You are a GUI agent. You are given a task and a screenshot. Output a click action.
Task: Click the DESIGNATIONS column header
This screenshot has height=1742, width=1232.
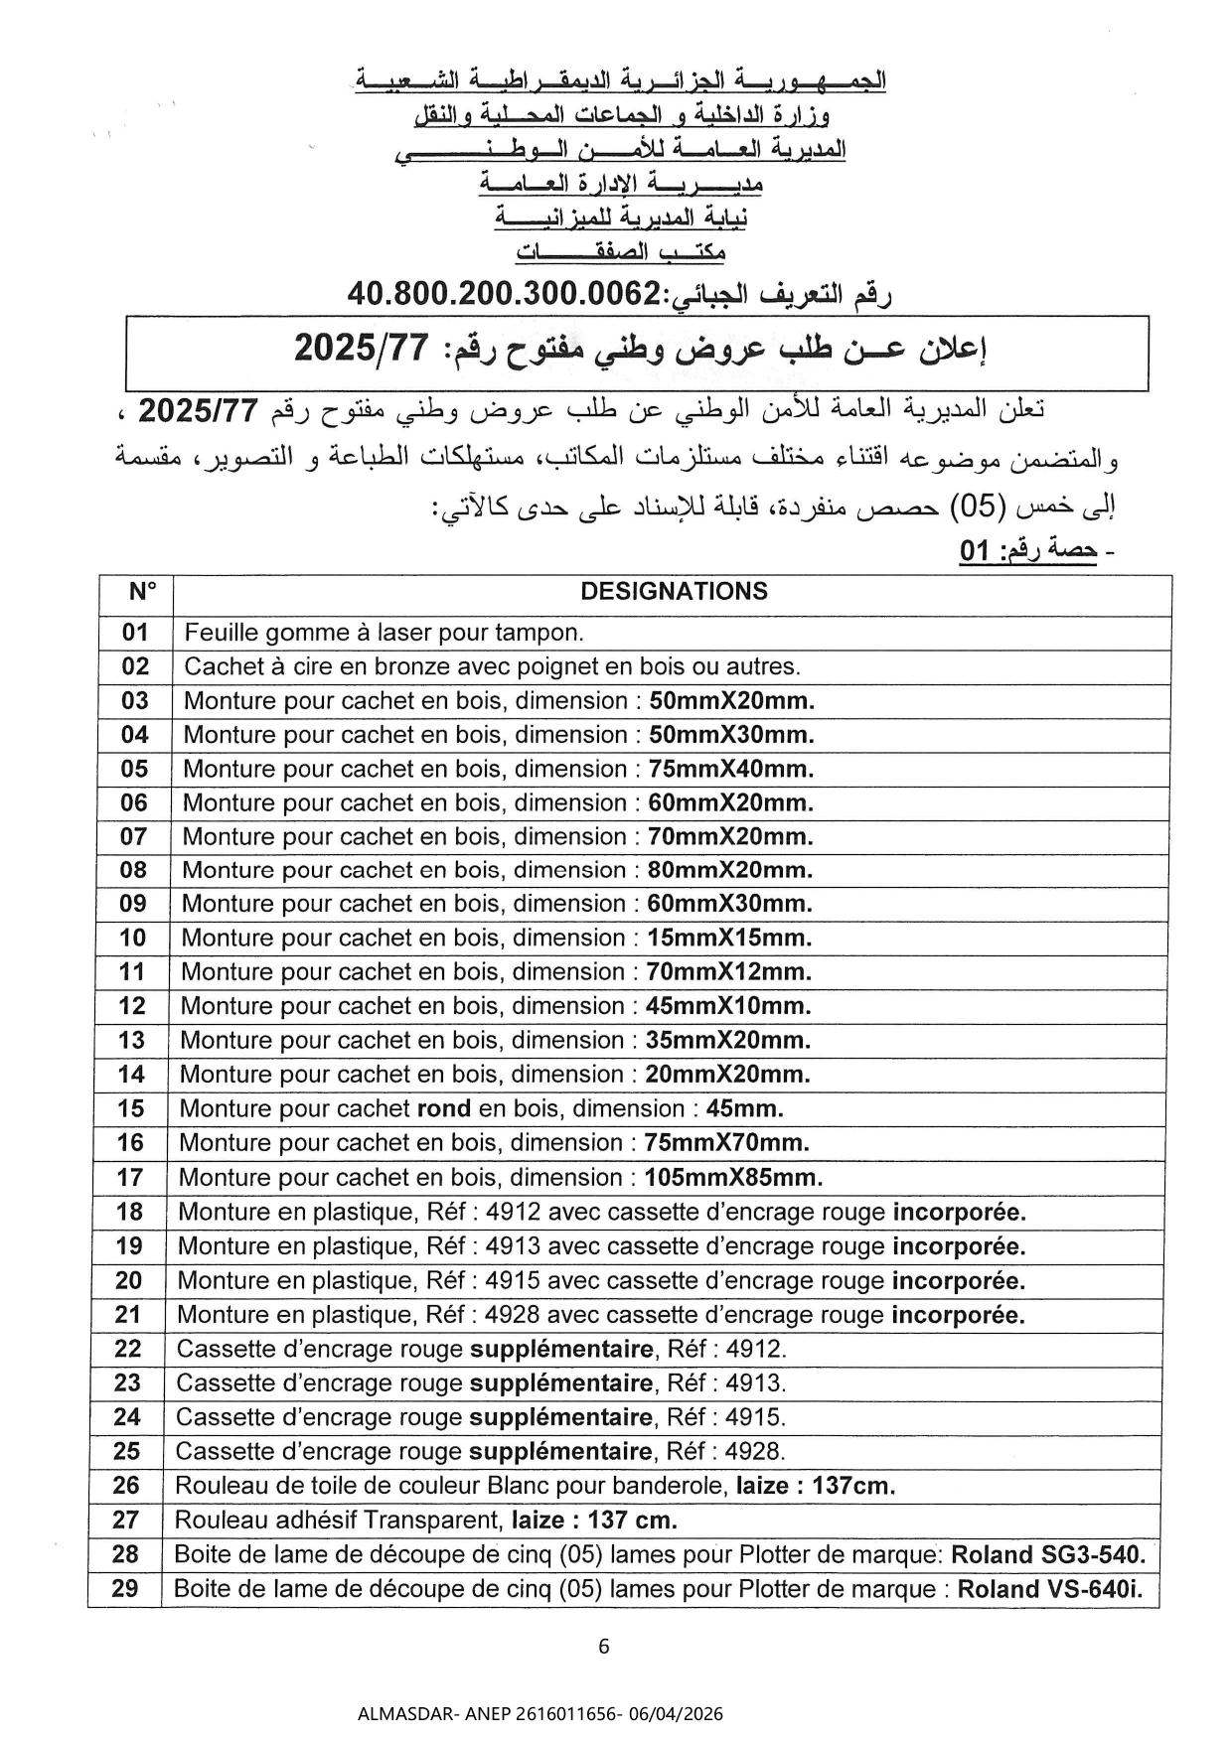click(x=674, y=592)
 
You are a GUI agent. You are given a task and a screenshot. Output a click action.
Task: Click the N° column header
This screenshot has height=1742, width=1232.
click(x=142, y=592)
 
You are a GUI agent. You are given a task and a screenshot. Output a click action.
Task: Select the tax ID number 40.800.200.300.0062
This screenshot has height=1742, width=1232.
click(x=504, y=294)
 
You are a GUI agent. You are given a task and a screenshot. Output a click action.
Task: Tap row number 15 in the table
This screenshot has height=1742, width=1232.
click(x=131, y=1108)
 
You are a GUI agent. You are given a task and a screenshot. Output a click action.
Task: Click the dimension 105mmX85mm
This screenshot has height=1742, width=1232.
click(x=733, y=1178)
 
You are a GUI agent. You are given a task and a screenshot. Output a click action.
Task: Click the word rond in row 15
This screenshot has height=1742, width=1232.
click(x=444, y=1108)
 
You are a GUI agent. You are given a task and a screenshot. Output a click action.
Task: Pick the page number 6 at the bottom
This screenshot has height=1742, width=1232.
click(x=604, y=1647)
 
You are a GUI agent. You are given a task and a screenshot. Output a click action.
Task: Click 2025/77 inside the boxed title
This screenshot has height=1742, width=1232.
click(x=362, y=349)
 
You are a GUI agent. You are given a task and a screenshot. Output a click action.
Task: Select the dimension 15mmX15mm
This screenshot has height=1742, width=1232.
click(x=729, y=938)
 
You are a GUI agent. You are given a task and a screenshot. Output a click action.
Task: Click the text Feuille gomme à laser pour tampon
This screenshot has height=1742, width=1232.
click(x=385, y=633)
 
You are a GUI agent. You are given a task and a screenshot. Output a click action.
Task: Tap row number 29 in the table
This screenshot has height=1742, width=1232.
click(x=125, y=1588)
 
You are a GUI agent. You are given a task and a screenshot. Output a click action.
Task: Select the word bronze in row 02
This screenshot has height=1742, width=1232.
click(x=378, y=666)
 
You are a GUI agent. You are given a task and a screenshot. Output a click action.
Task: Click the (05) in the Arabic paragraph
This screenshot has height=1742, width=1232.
click(x=978, y=508)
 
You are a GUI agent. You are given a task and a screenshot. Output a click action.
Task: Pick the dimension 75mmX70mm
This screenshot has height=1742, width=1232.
click(x=727, y=1143)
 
